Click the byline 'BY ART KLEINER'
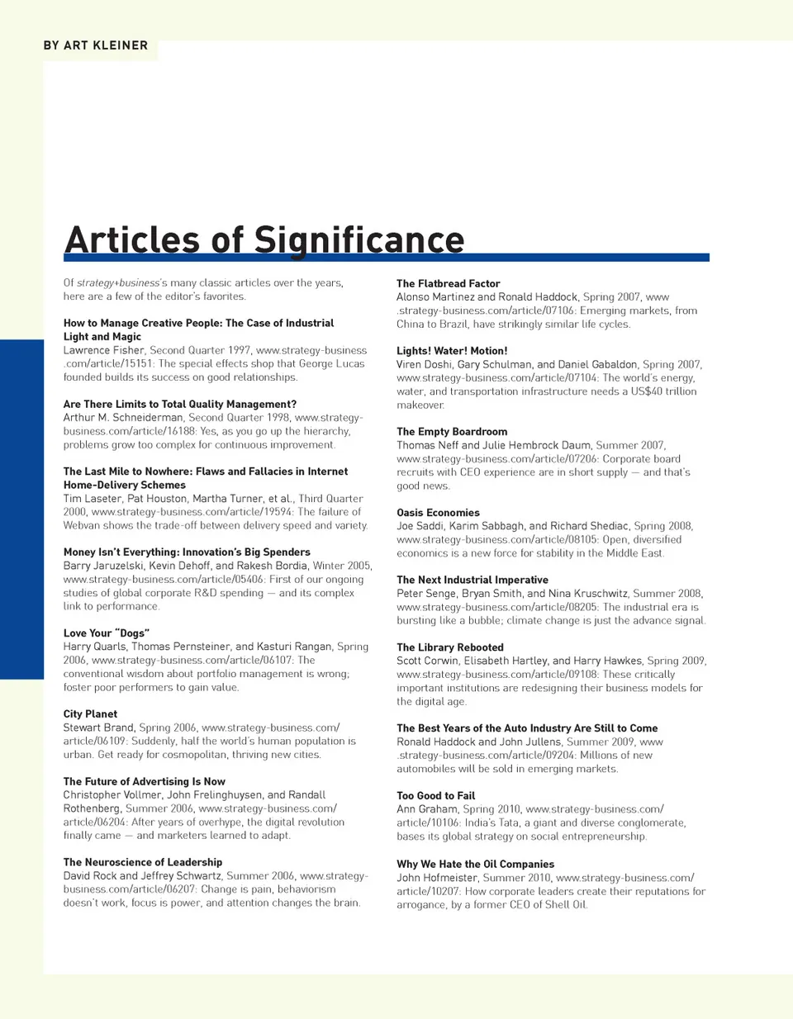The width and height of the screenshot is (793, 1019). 96,45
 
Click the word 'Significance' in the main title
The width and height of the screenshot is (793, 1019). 359,240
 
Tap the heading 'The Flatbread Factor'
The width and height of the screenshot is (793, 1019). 448,283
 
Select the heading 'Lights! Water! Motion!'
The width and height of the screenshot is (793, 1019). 452,351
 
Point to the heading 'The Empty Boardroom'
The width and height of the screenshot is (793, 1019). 452,432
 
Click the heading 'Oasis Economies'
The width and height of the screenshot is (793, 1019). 438,513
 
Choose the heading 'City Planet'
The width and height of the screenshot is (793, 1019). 90,714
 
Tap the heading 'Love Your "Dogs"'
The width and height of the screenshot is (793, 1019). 107,633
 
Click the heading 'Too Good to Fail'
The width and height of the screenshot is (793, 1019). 435,796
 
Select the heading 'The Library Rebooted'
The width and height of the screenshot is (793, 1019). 449,647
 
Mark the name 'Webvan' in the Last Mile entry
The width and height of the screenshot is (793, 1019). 82,525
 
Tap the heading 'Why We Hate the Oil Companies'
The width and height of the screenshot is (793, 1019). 475,865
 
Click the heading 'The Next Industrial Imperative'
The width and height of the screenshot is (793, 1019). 472,580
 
